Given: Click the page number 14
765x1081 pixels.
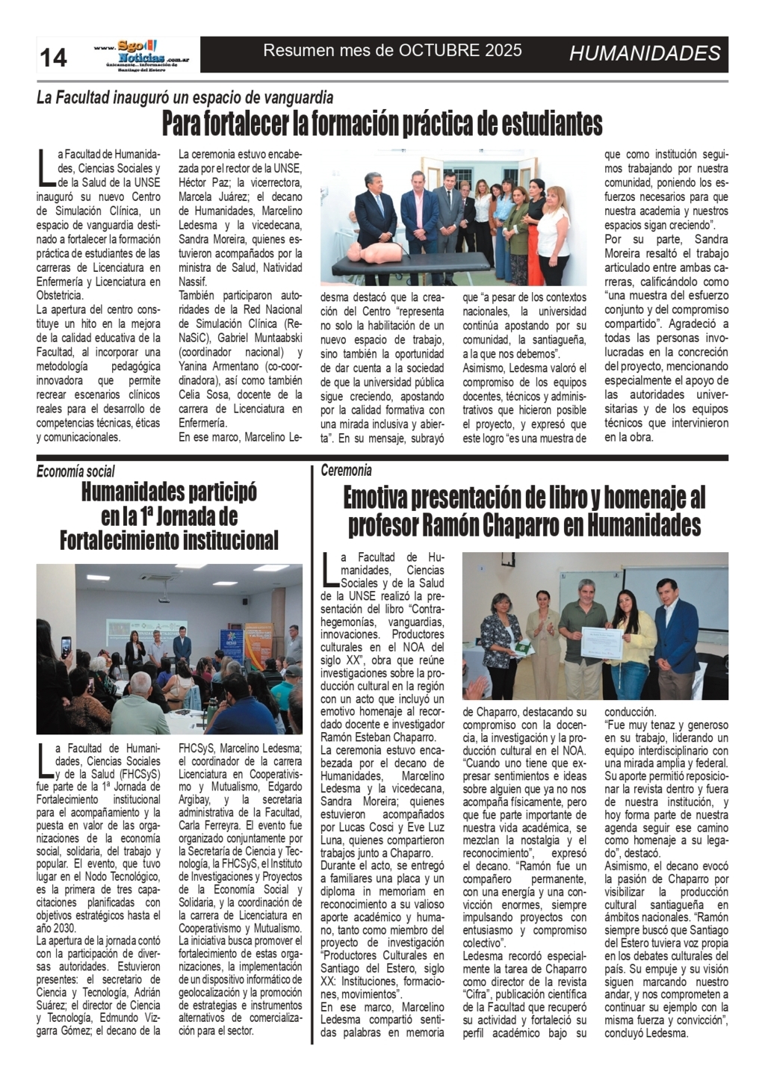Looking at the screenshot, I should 53,57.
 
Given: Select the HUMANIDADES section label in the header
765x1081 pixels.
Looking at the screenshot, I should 645,53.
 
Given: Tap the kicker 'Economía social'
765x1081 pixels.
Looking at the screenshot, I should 76,471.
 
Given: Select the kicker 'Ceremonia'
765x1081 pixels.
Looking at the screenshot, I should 346,470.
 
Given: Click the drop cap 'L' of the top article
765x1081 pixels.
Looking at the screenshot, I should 46,167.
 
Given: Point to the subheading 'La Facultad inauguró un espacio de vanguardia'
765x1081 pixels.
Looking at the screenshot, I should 185,97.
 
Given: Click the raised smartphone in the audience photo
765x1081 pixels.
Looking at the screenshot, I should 66,647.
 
